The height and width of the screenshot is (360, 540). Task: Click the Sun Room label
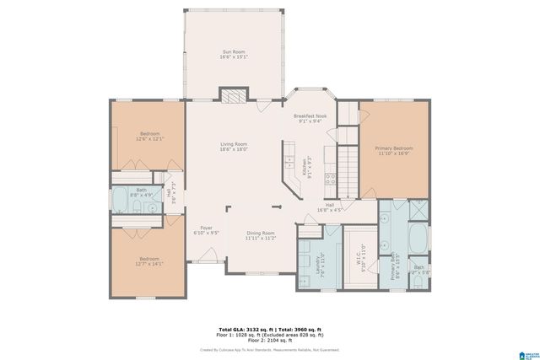234,55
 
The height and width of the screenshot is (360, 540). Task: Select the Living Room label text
234,147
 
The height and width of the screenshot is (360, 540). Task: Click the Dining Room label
261,235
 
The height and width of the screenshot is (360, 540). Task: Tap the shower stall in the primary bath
418,210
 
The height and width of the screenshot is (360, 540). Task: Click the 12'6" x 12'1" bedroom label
150,136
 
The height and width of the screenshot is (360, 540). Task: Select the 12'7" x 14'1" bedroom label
149,261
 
